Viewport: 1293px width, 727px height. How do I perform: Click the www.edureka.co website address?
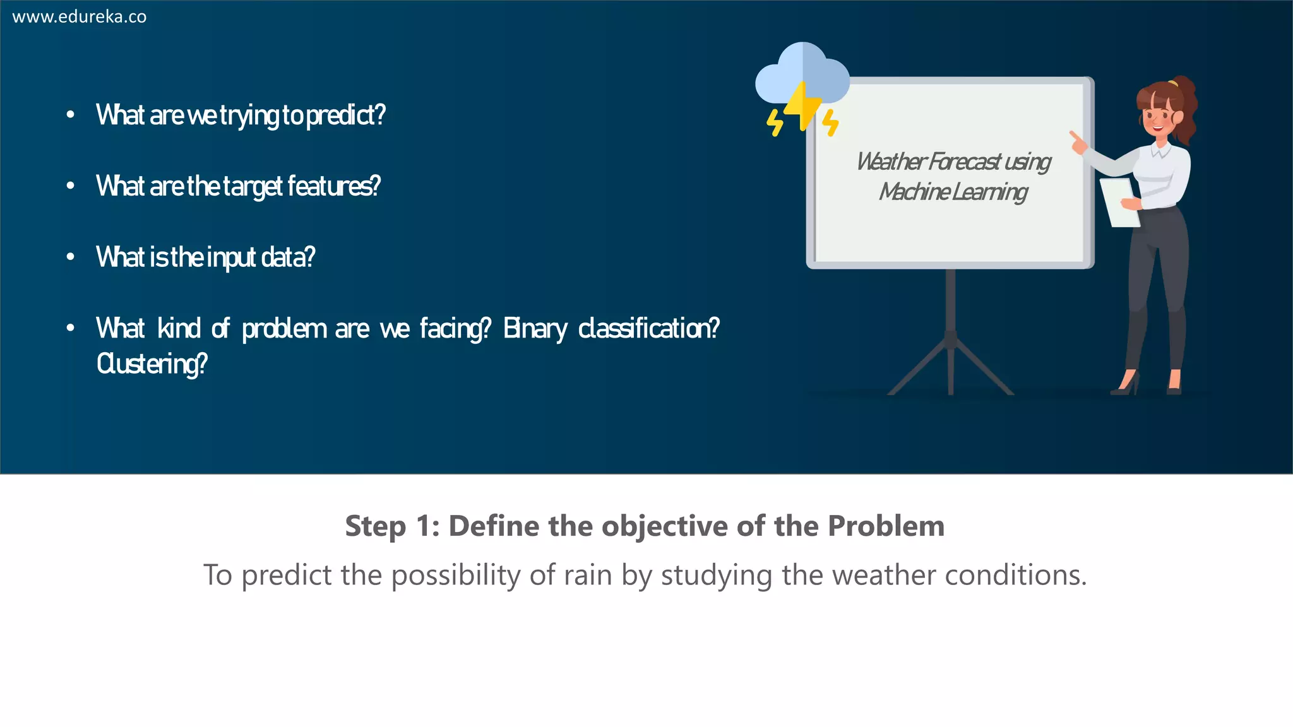pyautogui.click(x=80, y=17)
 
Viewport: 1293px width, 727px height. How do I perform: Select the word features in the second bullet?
pyautogui.click(x=333, y=187)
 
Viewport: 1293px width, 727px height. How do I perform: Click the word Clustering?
pyautogui.click(x=152, y=364)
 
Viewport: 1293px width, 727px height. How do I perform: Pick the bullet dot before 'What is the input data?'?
pyautogui.click(x=71, y=257)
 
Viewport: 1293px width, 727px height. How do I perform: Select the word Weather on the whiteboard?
pyautogui.click(x=891, y=162)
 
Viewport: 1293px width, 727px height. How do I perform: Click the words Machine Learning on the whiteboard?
pyautogui.click(x=953, y=192)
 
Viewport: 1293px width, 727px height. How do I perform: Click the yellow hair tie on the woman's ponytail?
pyautogui.click(x=1173, y=82)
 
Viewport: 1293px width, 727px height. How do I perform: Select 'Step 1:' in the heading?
pyautogui.click(x=392, y=526)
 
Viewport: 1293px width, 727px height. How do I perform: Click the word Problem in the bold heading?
pyautogui.click(x=886, y=526)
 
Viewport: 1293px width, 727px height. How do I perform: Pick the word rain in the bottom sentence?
pyautogui.click(x=588, y=576)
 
